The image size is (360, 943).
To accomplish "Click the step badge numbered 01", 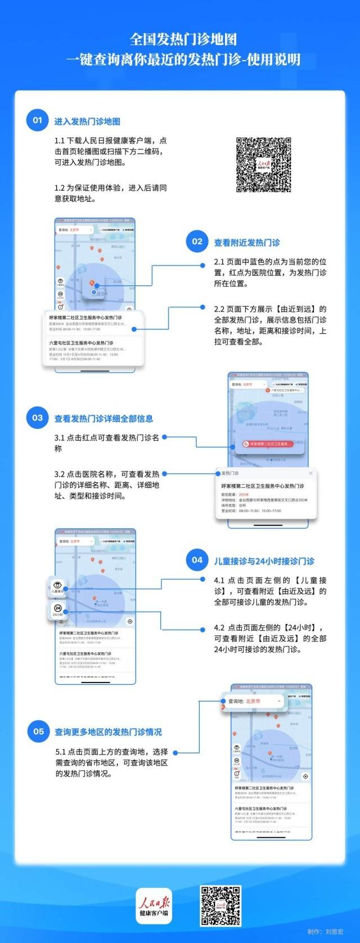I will click(x=37, y=120).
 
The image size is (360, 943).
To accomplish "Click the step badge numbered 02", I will click(x=197, y=241).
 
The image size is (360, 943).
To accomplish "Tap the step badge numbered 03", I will click(x=37, y=417).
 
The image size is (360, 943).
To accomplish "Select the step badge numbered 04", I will click(x=197, y=559).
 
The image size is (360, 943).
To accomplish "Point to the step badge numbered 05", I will click(x=38, y=731).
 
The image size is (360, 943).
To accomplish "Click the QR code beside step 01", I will click(x=264, y=165).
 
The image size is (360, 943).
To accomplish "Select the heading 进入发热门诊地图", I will click(x=87, y=121).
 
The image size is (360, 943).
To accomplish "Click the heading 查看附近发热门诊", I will click(x=247, y=243).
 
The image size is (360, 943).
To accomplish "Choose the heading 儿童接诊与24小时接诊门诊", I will click(x=264, y=560).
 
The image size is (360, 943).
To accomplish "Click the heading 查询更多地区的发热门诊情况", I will click(x=108, y=732).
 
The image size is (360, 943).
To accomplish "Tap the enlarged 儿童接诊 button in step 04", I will click(x=57, y=586).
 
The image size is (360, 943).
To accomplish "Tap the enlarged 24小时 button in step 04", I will click(x=57, y=611).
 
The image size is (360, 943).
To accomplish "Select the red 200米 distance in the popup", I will click(x=243, y=493).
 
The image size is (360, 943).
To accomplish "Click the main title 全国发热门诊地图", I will click(x=183, y=39).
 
